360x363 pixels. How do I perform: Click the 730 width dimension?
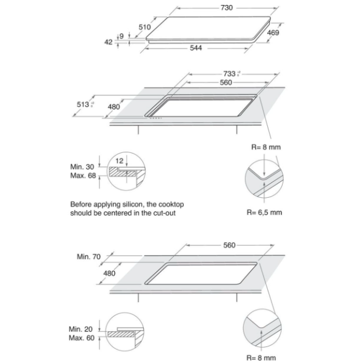[227, 8]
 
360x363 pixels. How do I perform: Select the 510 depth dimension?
[145, 27]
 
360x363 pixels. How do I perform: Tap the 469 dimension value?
[273, 33]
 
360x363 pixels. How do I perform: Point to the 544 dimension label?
[196, 48]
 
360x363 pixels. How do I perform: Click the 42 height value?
[108, 42]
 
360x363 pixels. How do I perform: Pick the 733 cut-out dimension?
[229, 74]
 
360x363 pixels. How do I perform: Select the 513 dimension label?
[83, 104]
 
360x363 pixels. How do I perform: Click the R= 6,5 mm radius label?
[264, 213]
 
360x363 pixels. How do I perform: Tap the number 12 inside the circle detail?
[119, 161]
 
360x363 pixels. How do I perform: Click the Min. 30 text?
[82, 166]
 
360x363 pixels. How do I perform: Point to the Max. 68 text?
[83, 176]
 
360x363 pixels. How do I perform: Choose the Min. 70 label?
[88, 257]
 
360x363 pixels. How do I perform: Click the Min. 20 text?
[81, 329]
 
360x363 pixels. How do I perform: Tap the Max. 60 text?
[82, 338]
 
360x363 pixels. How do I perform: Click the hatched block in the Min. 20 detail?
[121, 334]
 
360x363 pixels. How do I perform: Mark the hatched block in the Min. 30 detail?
[122, 171]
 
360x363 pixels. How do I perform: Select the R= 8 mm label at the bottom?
[261, 358]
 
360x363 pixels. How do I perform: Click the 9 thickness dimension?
[122, 36]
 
